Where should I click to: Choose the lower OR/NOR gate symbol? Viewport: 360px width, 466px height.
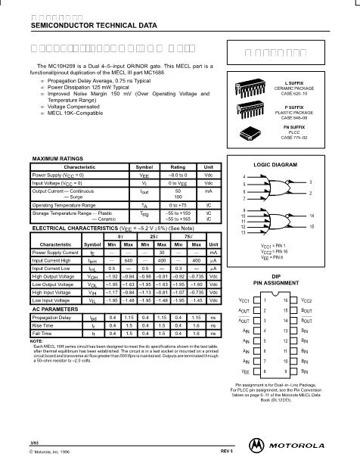(x=280, y=222)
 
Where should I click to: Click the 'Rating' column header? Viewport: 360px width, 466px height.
(x=178, y=166)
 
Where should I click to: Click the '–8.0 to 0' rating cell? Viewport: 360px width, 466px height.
(x=178, y=174)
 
